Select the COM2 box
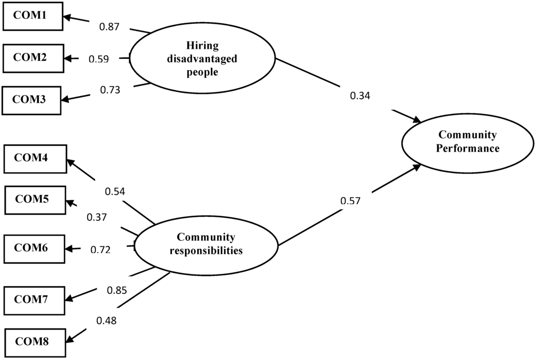[33, 58]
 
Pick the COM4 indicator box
[35, 158]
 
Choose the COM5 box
[35, 200]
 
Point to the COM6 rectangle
[34, 249]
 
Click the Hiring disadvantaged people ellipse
[202, 59]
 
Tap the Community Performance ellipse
[468, 142]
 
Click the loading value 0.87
[109, 26]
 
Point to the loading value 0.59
[98, 59]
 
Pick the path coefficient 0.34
[360, 96]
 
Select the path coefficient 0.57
[350, 200]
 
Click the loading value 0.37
[98, 216]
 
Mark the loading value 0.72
[101, 249]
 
